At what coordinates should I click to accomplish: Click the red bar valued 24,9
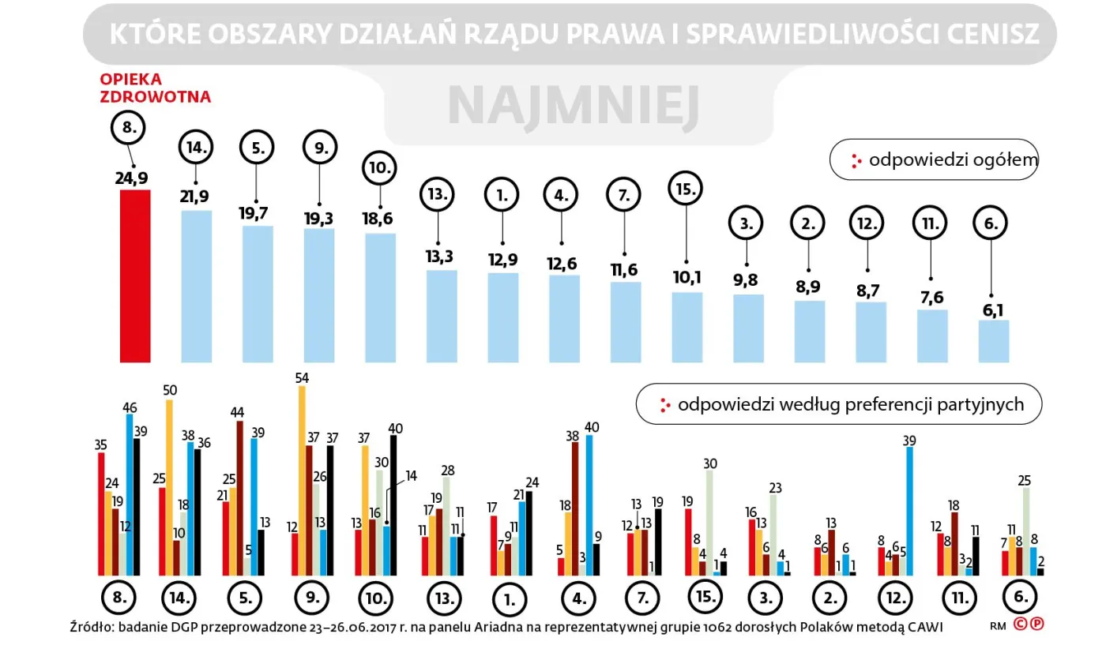pyautogui.click(x=134, y=276)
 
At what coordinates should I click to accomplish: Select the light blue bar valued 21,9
pyautogui.click(x=197, y=286)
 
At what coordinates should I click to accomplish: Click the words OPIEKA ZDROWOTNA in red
pyautogui.click(x=155, y=88)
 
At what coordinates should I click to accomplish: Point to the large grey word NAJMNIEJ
pyautogui.click(x=574, y=108)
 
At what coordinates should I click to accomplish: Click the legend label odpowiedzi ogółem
pyautogui.click(x=953, y=160)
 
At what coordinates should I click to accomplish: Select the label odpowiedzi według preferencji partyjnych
pyautogui.click(x=850, y=404)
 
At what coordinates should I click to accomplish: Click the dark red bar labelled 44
pyautogui.click(x=240, y=498)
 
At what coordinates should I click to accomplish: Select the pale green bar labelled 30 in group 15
pyautogui.click(x=709, y=522)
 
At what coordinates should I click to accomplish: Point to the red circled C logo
pyautogui.click(x=1021, y=624)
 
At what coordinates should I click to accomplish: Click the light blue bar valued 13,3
pyautogui.click(x=442, y=316)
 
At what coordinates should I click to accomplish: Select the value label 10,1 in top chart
pyautogui.click(x=687, y=279)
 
